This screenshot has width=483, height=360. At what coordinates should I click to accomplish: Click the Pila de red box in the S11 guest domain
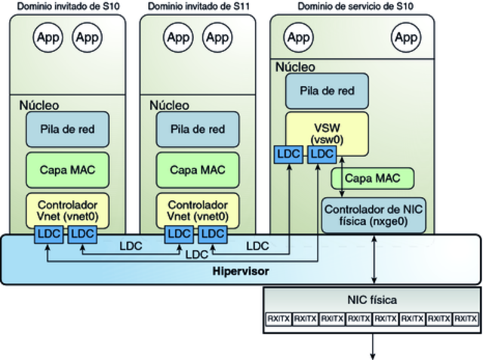tap(197, 129)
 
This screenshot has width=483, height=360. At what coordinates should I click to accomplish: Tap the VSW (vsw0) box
tap(327, 132)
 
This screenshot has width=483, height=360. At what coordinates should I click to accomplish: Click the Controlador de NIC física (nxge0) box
tap(374, 214)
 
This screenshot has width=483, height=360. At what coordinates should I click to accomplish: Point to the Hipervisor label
tap(241, 270)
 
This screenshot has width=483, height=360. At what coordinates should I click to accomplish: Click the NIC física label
tap(373, 300)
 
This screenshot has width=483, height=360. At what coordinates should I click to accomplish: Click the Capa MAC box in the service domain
tap(373, 178)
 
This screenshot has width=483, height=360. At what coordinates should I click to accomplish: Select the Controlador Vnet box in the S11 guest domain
tap(197, 210)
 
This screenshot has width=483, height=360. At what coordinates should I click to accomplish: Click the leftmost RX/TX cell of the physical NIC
tap(278, 318)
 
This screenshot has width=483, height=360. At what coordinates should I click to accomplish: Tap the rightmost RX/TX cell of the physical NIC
tap(465, 318)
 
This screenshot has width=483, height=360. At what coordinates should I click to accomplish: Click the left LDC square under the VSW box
tap(288, 154)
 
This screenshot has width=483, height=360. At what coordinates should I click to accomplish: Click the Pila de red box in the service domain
tap(326, 91)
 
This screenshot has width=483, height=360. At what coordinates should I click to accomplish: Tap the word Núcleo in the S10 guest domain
tap(38, 104)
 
